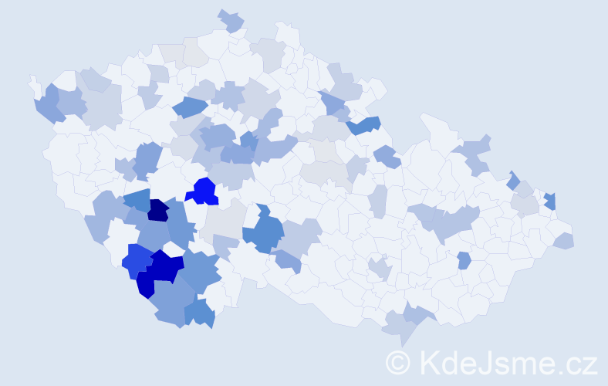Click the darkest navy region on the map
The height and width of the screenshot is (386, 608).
[158, 209]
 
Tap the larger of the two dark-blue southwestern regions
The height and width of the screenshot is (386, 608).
[165, 267]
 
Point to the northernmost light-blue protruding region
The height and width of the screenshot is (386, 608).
[231, 21]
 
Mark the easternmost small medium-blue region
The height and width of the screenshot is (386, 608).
[550, 201]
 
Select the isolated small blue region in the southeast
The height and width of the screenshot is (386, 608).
[464, 260]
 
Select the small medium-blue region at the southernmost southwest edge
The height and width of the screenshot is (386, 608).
[201, 312]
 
